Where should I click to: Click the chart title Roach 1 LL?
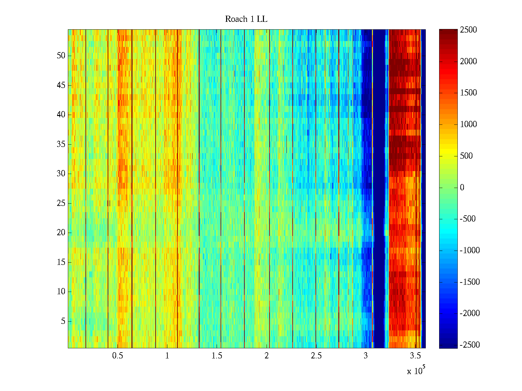coord(246,19)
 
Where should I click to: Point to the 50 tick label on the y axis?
coord(61,56)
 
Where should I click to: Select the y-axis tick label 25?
coord(61,203)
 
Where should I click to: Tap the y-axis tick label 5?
coord(63,321)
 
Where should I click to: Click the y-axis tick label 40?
coord(61,115)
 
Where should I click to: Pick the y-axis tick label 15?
coord(61,262)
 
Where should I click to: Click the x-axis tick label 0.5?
coord(117,356)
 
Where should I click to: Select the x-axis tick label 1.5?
coord(217,356)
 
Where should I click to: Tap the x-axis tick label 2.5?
coord(316,356)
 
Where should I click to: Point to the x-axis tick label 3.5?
coord(415,356)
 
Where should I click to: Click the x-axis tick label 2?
coord(267,356)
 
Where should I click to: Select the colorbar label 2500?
coord(468,30)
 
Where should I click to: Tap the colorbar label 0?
coord(462,188)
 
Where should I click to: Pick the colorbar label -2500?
coord(470,345)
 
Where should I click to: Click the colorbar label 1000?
coord(468,124)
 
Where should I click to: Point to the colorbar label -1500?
coord(470,282)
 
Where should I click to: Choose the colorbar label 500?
coord(467,156)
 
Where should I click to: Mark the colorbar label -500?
coord(468,219)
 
